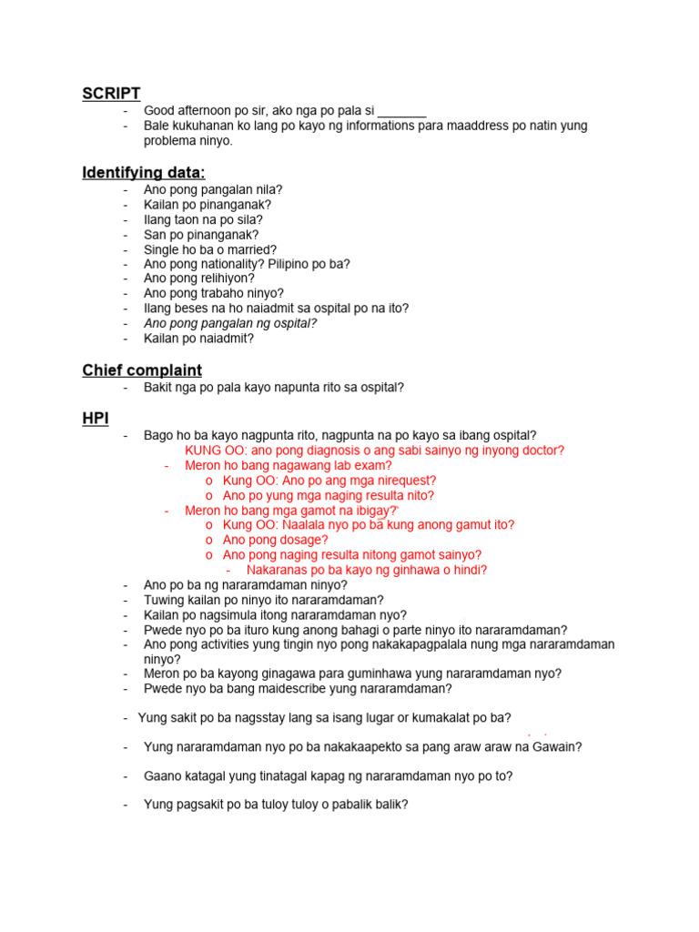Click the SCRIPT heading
pyautogui.click(x=111, y=94)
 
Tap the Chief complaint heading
pyautogui.click(x=142, y=370)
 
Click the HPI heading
pyautogui.click(x=96, y=419)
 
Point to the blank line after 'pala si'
pyautogui.click(x=401, y=111)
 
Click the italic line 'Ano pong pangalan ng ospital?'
pyautogui.click(x=230, y=323)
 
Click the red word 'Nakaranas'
pyautogui.click(x=279, y=570)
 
